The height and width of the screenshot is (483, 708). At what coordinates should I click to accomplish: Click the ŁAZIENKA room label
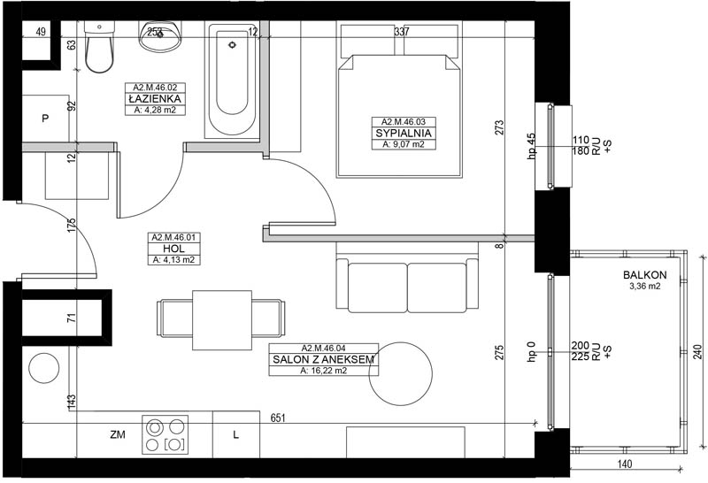[x=155, y=99]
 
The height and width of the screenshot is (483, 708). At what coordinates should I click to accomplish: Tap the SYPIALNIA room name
[x=404, y=134]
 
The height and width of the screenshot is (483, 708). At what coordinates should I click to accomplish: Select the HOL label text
[x=173, y=249]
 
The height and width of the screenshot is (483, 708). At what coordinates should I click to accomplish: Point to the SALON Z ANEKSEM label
[x=323, y=360]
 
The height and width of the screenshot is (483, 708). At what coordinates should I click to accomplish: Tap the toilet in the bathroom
[x=99, y=47]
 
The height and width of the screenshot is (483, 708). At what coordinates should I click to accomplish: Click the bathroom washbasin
[x=161, y=36]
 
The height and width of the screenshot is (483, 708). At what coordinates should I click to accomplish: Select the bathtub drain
[x=232, y=45]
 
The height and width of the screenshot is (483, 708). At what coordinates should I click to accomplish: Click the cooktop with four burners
[x=165, y=434]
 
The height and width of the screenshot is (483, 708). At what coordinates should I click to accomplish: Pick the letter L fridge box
[x=236, y=434]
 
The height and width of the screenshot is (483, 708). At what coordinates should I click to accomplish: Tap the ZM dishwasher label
[x=118, y=434]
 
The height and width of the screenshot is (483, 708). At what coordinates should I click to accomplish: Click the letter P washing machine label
[x=45, y=119]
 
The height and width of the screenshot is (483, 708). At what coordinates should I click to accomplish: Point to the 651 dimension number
[x=278, y=418]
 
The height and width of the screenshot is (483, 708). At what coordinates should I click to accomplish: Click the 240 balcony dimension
[x=698, y=352]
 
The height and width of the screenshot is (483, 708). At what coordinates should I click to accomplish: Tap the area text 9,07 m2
[x=404, y=144]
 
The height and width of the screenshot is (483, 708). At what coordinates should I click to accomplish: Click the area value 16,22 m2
[x=323, y=371]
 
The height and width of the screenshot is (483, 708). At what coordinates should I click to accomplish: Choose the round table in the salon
[x=401, y=373]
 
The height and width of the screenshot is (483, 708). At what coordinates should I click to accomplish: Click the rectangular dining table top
[x=222, y=320]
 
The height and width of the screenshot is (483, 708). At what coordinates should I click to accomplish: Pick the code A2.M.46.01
[x=173, y=237]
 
